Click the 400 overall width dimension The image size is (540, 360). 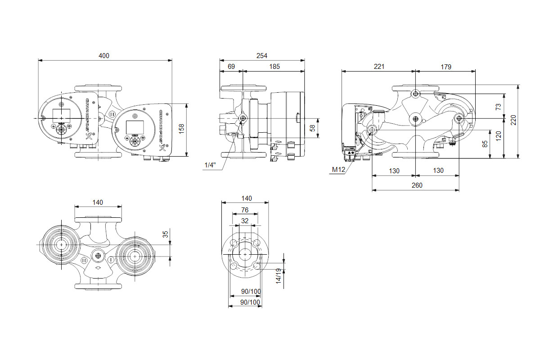pyautogui.click(x=104, y=56)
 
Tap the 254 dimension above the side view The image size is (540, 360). pyautogui.click(x=261, y=56)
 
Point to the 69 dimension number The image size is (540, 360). pyautogui.click(x=231, y=67)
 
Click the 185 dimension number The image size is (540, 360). pyautogui.click(x=274, y=67)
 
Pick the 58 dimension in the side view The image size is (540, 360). pyautogui.click(x=313, y=129)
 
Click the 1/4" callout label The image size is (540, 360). pyautogui.click(x=210, y=165)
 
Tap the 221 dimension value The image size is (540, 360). pyautogui.click(x=379, y=67)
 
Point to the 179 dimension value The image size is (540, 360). pyautogui.click(x=445, y=67)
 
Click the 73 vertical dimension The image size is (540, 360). pyautogui.click(x=498, y=107)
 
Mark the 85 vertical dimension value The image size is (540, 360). pyautogui.click(x=484, y=144)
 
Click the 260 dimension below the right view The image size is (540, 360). pyautogui.click(x=417, y=185)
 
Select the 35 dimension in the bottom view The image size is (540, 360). pyautogui.click(x=165, y=234)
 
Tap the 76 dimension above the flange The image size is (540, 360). pyautogui.click(x=244, y=210)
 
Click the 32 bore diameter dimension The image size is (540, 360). pyautogui.click(x=244, y=220)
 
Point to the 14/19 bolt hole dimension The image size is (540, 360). pyautogui.click(x=279, y=276)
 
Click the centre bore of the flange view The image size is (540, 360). pyautogui.click(x=244, y=254)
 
